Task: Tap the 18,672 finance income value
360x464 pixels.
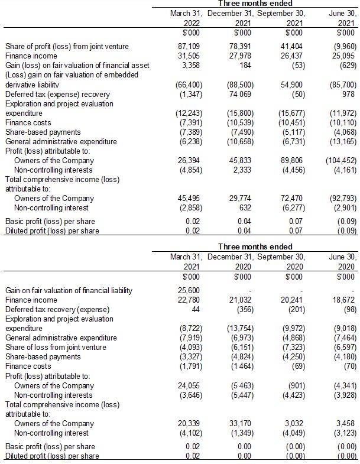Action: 344,300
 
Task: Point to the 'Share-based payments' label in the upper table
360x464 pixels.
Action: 43,132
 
